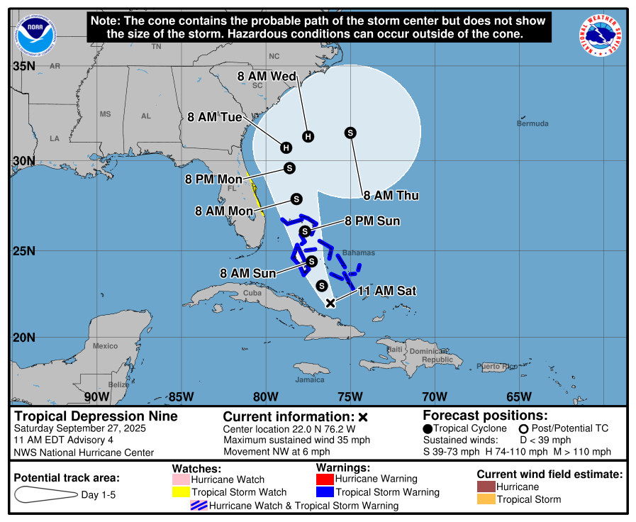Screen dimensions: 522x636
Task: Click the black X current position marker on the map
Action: pyautogui.click(x=330, y=303)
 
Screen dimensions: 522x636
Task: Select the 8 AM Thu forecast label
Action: pyautogui.click(x=391, y=196)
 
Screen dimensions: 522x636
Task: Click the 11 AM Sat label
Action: pyautogui.click(x=386, y=291)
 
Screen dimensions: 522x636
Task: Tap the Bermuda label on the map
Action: pyautogui.click(x=532, y=124)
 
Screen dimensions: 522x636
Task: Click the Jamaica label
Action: pyautogui.click(x=310, y=379)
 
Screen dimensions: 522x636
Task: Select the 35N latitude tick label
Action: pyautogui.click(x=24, y=66)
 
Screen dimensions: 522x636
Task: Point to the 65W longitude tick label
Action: pyautogui.click(x=519, y=396)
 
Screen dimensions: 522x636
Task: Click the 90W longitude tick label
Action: pyautogui.click(x=96, y=396)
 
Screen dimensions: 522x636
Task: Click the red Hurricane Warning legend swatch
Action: pyautogui.click(x=324, y=479)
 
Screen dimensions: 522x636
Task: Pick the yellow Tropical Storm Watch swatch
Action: pyautogui.click(x=181, y=492)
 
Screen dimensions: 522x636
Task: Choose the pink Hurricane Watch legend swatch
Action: pyautogui.click(x=181, y=479)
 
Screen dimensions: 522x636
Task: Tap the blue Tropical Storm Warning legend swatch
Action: pyautogui.click(x=324, y=492)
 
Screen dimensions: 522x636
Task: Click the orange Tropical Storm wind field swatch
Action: pyautogui.click(x=486, y=499)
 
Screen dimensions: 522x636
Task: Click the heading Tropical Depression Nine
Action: pyautogui.click(x=96, y=416)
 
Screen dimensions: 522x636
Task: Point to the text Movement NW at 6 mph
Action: pyautogui.click(x=277, y=451)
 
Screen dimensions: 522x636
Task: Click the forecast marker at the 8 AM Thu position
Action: pyautogui.click(x=350, y=133)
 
